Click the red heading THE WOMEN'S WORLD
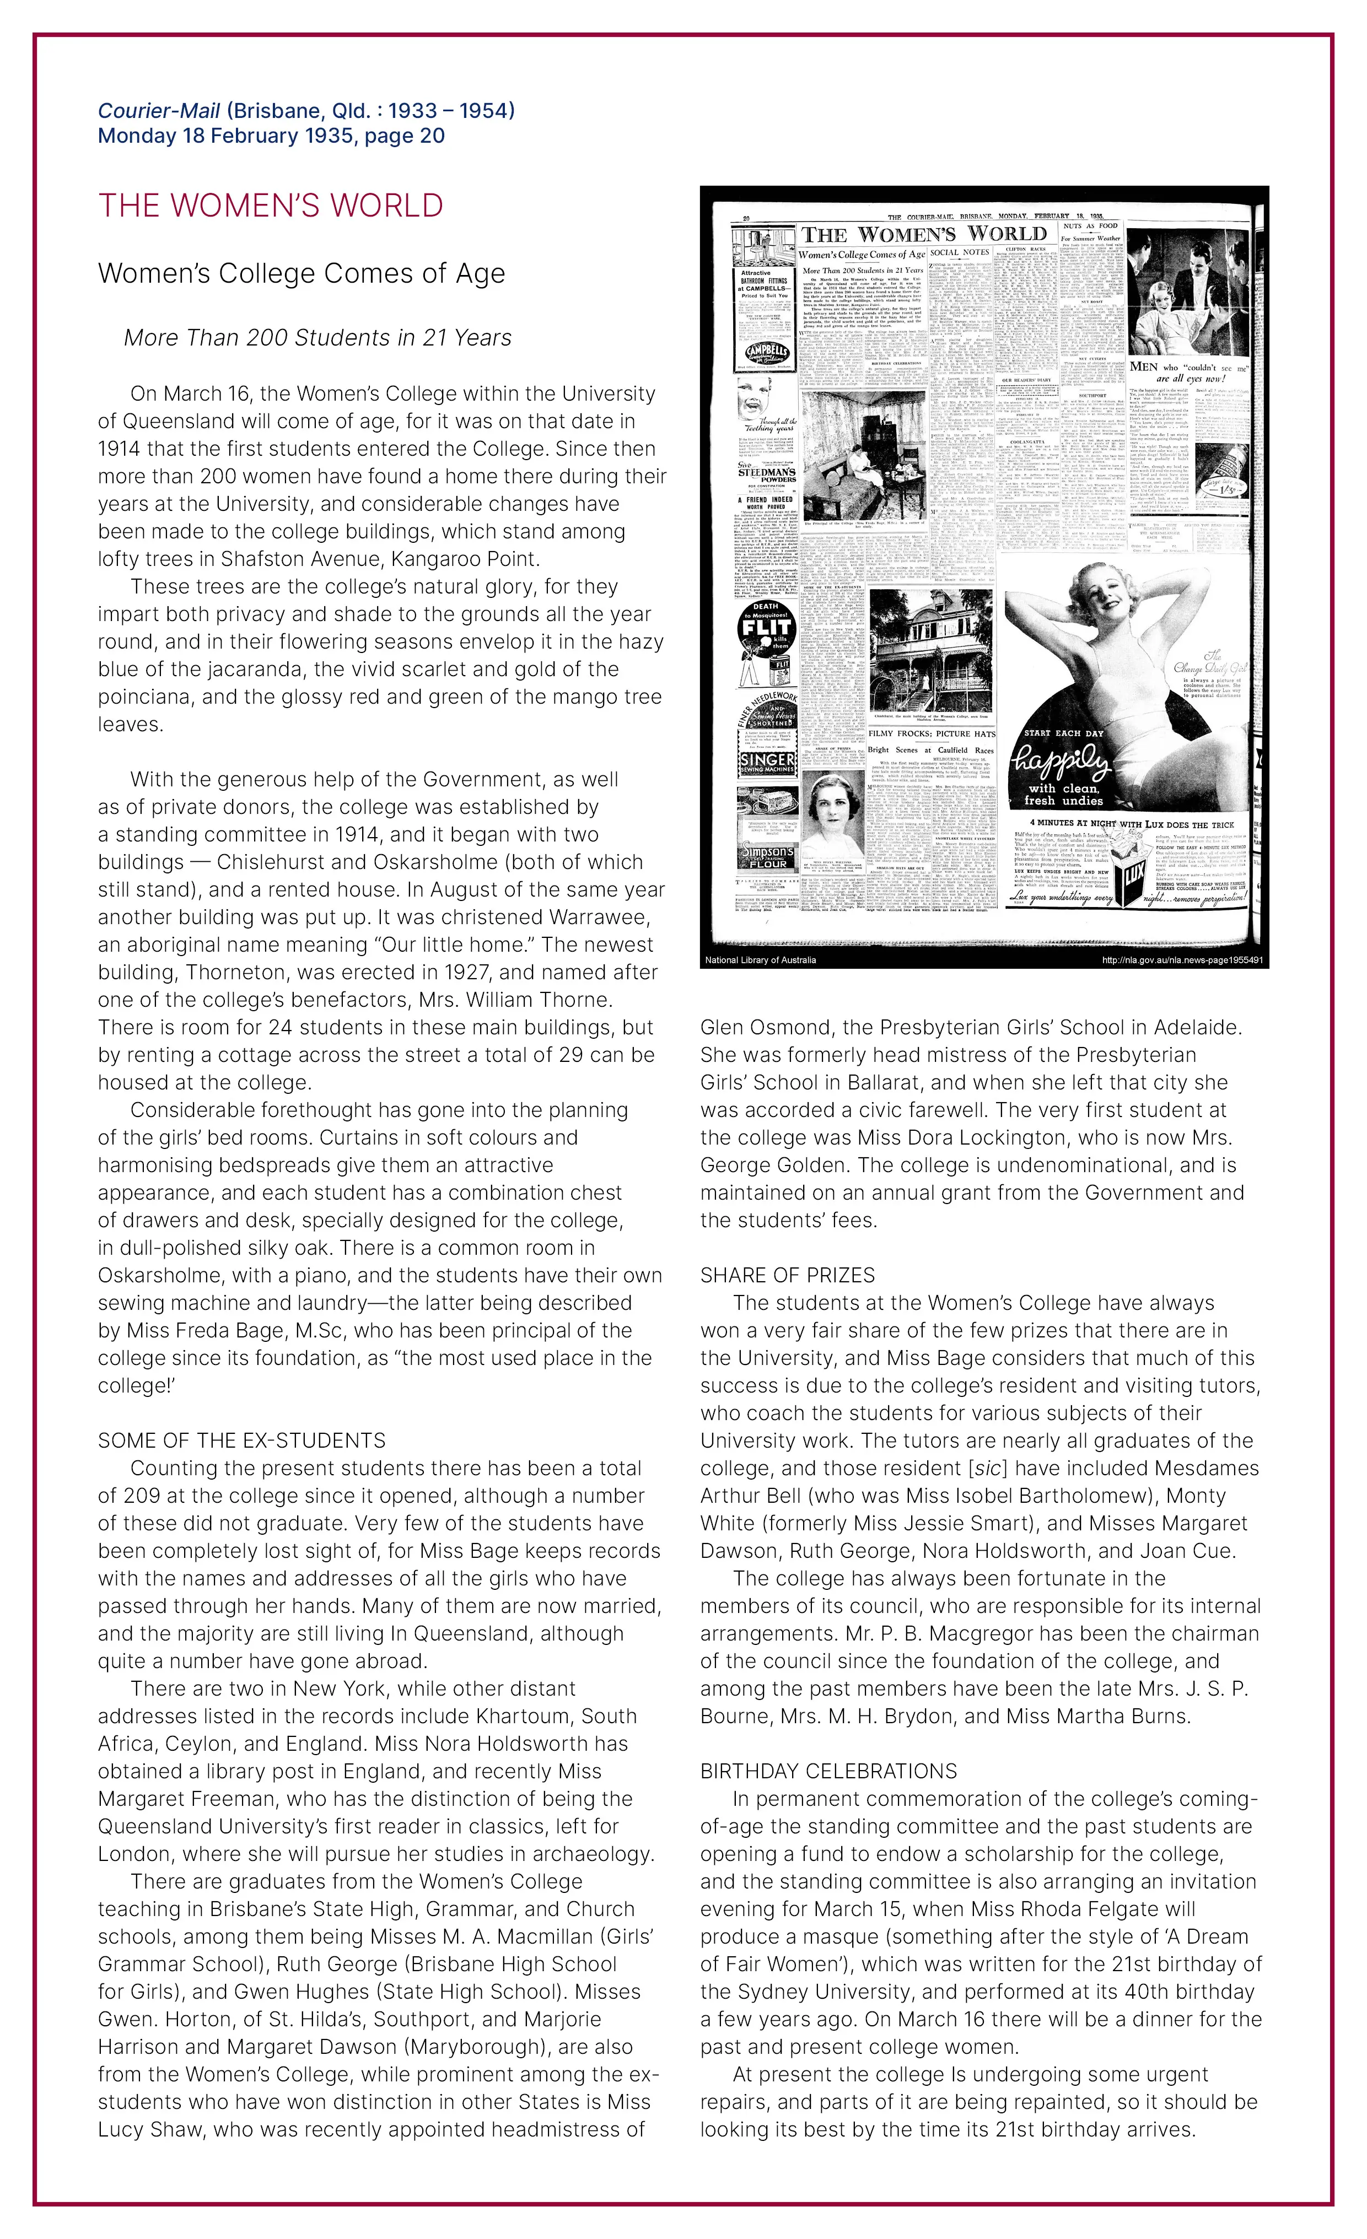[270, 206]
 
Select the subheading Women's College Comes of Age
[301, 273]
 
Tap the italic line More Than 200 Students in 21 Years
[317, 338]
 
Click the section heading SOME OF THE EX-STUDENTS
[242, 1440]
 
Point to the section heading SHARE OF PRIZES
[787, 1275]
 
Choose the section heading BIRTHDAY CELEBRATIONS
[828, 1771]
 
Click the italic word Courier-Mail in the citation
[159, 111]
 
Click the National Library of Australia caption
[760, 959]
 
